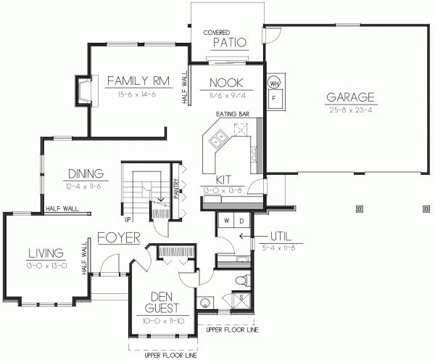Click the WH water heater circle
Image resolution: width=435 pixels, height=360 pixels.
pos(274,83)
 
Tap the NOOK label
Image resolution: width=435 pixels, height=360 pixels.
pos(225,82)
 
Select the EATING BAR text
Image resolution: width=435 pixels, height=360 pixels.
pos(232,114)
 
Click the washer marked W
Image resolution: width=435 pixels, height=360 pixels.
pos(226,219)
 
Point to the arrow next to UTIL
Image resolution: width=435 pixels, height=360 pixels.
pos(243,237)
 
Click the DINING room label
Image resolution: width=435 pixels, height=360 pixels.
pos(86,173)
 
